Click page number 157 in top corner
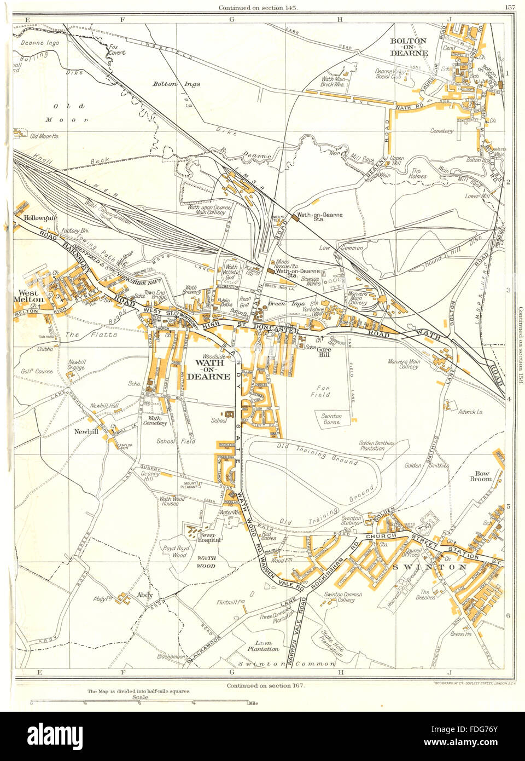[510, 7]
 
